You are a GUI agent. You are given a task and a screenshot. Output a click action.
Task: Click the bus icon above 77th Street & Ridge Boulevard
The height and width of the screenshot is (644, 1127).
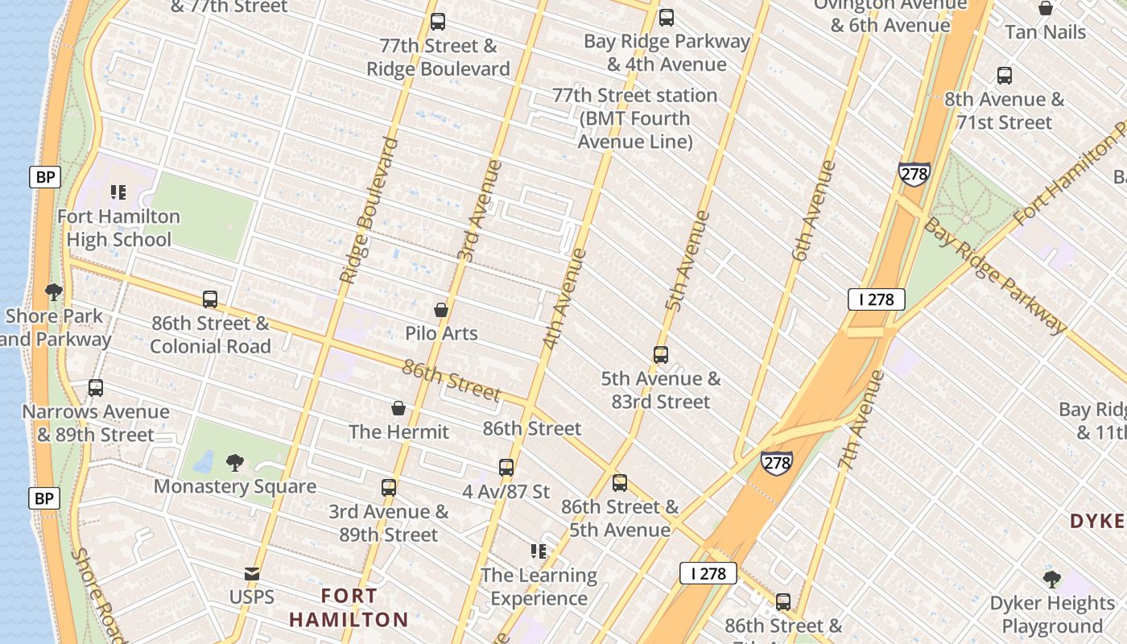click(438, 22)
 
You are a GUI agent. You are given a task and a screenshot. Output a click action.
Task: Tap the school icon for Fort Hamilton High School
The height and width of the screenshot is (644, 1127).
click(118, 192)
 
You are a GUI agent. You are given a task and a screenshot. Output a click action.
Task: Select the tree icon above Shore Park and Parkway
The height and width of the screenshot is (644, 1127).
click(54, 291)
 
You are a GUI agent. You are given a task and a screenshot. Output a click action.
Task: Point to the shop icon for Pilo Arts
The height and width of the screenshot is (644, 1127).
click(441, 310)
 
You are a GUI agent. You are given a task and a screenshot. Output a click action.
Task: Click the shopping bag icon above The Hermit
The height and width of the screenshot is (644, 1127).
click(398, 409)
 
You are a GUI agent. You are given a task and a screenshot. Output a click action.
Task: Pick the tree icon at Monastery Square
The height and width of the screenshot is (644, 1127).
click(235, 463)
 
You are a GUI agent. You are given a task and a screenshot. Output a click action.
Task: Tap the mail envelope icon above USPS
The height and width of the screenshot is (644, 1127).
click(252, 574)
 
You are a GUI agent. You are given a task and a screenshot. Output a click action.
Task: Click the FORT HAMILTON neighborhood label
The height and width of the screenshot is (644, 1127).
click(349, 608)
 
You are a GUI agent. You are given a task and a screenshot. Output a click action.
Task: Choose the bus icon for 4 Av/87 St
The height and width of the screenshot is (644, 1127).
click(506, 468)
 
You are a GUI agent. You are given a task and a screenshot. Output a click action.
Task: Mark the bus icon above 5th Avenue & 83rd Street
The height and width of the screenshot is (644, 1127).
click(661, 355)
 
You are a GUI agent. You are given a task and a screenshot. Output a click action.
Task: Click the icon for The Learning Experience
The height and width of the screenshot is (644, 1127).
click(539, 551)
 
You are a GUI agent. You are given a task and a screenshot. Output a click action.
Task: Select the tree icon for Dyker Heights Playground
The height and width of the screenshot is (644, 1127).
click(1052, 579)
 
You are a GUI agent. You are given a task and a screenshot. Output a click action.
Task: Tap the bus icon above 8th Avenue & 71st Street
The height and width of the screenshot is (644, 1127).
click(1005, 76)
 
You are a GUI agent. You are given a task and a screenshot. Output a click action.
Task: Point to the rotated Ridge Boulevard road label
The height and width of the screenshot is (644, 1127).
click(369, 211)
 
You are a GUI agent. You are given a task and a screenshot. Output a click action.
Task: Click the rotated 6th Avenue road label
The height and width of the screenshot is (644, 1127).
click(814, 211)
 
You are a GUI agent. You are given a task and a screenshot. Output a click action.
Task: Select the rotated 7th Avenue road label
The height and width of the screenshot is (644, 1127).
click(861, 420)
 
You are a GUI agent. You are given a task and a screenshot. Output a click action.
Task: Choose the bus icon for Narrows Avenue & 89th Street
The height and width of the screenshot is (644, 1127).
click(96, 388)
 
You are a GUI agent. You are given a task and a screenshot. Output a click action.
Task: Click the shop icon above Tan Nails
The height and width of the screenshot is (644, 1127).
click(1046, 9)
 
